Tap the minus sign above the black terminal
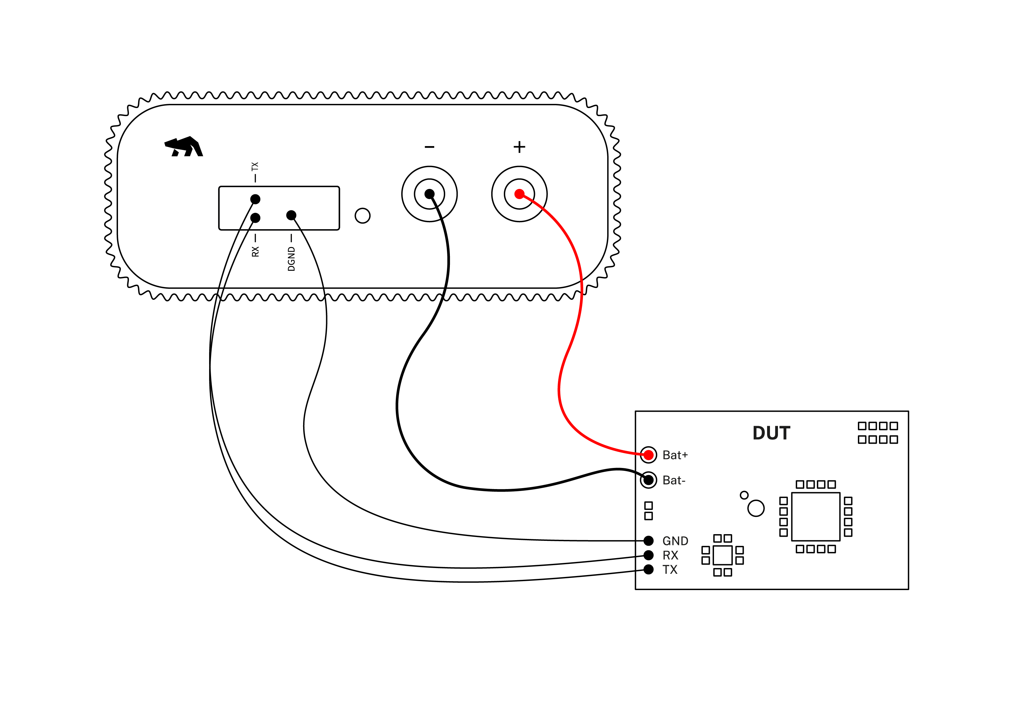click(430, 147)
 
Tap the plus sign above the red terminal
click(519, 147)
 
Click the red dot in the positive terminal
click(519, 194)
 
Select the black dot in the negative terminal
click(430, 194)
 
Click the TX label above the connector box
click(255, 167)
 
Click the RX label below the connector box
click(255, 251)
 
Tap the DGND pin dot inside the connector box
click(291, 215)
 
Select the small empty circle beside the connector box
click(362, 216)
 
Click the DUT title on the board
click(771, 433)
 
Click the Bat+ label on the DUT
click(675, 455)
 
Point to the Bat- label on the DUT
click(673, 480)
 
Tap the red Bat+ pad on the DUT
click(648, 455)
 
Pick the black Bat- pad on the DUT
click(648, 479)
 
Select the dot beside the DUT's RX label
click(648, 555)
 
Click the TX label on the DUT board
click(670, 570)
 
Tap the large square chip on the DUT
click(815, 517)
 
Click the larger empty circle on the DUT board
click(756, 508)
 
